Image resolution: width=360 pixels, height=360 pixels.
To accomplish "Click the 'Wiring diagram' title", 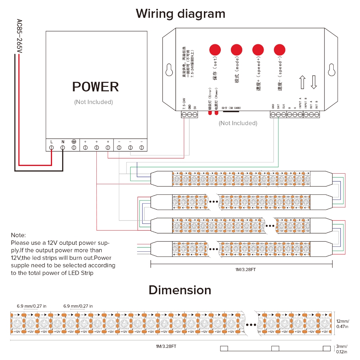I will point(180,14).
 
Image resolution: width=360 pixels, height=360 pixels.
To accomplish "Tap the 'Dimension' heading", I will point(180,290).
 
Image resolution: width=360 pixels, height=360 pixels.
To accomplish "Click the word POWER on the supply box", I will point(96,87).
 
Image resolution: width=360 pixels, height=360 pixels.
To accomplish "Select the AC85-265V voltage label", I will point(20,37).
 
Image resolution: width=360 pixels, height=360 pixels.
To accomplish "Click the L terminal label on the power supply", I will point(52,142).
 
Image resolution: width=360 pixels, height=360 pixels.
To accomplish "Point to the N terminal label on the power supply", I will point(63,142).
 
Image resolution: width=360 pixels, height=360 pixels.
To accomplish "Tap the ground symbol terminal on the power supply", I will point(74,141).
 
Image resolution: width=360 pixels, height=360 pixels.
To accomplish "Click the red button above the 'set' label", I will point(214,49).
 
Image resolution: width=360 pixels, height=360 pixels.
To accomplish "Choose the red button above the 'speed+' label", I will point(258,49).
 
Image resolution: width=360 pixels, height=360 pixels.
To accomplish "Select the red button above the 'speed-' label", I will point(279,49).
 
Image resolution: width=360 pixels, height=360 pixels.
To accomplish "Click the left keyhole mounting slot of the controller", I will point(169,70).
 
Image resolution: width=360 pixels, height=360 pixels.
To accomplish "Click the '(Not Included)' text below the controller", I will point(238,123).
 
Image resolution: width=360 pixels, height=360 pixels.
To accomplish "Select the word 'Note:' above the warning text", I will point(18,235).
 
